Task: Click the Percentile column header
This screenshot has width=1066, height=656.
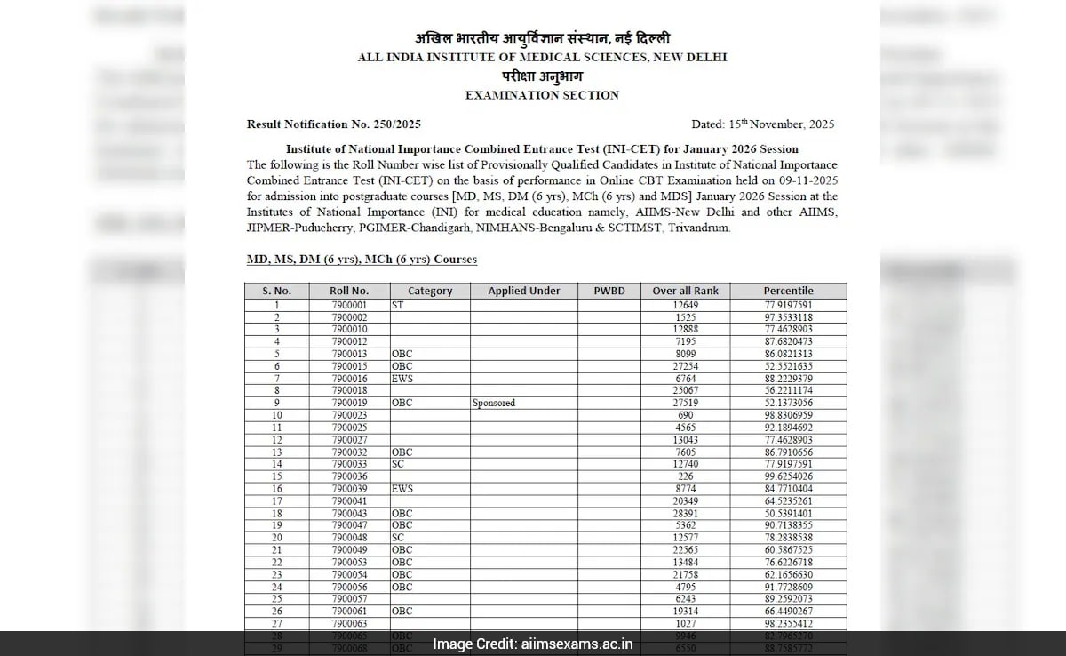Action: coord(788,291)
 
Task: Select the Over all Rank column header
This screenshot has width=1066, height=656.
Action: coord(685,291)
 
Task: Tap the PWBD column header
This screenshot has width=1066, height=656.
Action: coord(609,291)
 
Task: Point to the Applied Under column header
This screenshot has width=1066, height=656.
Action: coord(524,291)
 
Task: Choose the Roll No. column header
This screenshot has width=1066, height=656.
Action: coord(349,291)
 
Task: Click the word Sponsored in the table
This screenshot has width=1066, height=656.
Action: coord(494,403)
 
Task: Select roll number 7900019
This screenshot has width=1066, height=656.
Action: coord(349,403)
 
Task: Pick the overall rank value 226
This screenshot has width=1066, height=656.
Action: coord(685,477)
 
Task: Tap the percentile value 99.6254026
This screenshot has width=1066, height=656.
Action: coord(788,477)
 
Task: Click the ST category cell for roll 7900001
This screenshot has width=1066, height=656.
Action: coord(398,304)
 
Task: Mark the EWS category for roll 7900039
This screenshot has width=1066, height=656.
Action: coord(402,489)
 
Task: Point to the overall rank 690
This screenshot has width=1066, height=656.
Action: coord(685,415)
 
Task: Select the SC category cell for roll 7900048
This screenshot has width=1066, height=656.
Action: coord(398,539)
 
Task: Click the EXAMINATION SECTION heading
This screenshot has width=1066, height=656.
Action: coord(542,95)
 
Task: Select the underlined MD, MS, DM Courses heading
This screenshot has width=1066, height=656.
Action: coord(362,260)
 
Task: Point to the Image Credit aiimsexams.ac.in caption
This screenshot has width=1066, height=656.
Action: coord(532,644)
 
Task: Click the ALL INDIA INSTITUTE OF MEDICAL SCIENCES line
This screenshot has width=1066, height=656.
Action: coord(542,57)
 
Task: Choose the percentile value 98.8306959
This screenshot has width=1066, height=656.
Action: coord(788,415)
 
